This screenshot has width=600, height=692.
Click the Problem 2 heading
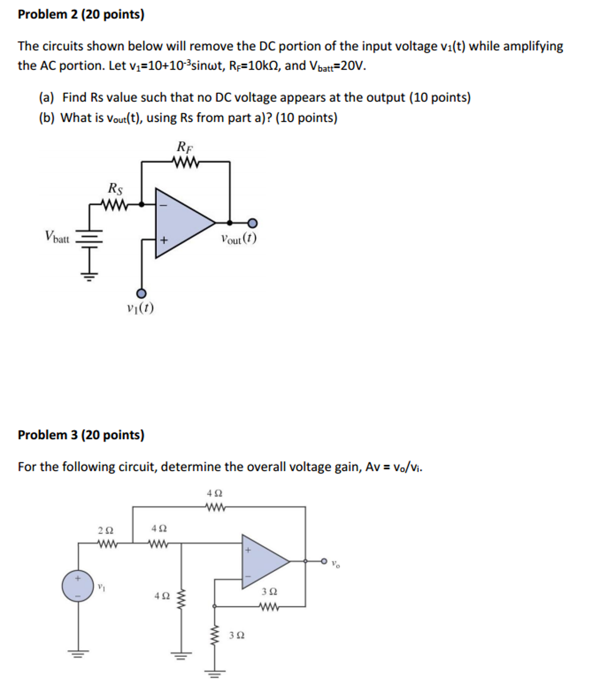[x=81, y=14]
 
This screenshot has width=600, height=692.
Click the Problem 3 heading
[x=81, y=435]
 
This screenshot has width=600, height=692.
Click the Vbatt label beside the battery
[x=57, y=236]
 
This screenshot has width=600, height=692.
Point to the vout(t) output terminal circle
[x=252, y=223]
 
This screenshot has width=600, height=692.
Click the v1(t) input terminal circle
[x=141, y=293]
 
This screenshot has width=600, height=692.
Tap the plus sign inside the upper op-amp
[x=164, y=240]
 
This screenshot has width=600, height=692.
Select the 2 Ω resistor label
[x=105, y=530]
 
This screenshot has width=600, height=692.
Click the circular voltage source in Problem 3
[x=78, y=586]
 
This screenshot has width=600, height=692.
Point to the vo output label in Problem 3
[x=335, y=564]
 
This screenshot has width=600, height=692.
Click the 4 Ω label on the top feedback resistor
[x=214, y=493]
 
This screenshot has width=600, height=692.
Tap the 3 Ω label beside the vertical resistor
[x=236, y=635]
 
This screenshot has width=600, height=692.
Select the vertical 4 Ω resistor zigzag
[x=181, y=600]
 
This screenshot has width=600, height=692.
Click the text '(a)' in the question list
[x=46, y=97]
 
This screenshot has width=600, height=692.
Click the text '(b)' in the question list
[x=46, y=118]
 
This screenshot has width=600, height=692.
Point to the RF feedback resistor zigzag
[x=186, y=162]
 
